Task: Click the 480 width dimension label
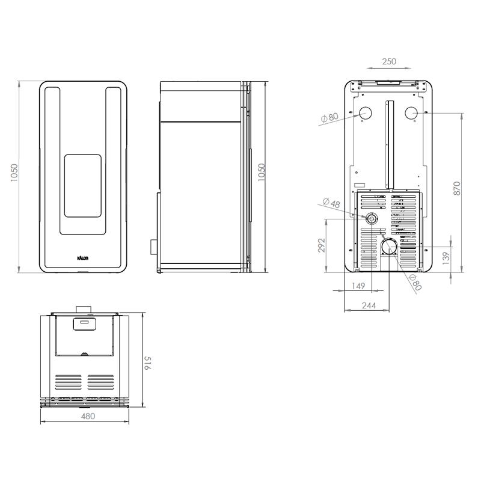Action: point(88,416)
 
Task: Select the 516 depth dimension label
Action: point(148,363)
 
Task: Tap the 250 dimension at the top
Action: point(389,61)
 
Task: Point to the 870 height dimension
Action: point(457,188)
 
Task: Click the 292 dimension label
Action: point(321,245)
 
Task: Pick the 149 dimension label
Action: point(358,286)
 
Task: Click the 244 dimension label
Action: point(369,305)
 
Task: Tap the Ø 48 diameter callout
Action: point(331,203)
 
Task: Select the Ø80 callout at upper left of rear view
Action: point(329,117)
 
